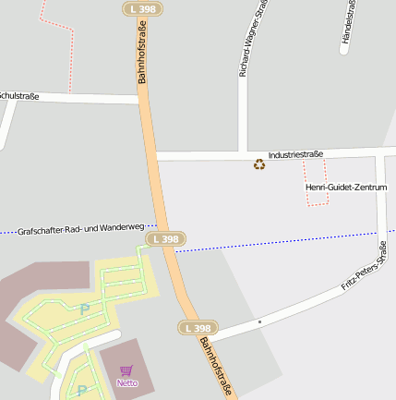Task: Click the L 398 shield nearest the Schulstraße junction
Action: (x=142, y=8)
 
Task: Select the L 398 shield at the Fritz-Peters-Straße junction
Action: (x=198, y=328)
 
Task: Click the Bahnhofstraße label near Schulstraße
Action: (x=143, y=57)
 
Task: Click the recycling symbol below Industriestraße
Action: (x=259, y=165)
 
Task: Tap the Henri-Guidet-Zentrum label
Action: (x=346, y=188)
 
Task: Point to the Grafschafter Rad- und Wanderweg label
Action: (x=81, y=228)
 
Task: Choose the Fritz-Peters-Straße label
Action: (x=364, y=266)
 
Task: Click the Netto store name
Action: (x=126, y=382)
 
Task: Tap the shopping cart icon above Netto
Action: (x=126, y=370)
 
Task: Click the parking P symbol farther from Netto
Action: (x=84, y=309)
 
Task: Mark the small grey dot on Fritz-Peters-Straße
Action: (x=259, y=321)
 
